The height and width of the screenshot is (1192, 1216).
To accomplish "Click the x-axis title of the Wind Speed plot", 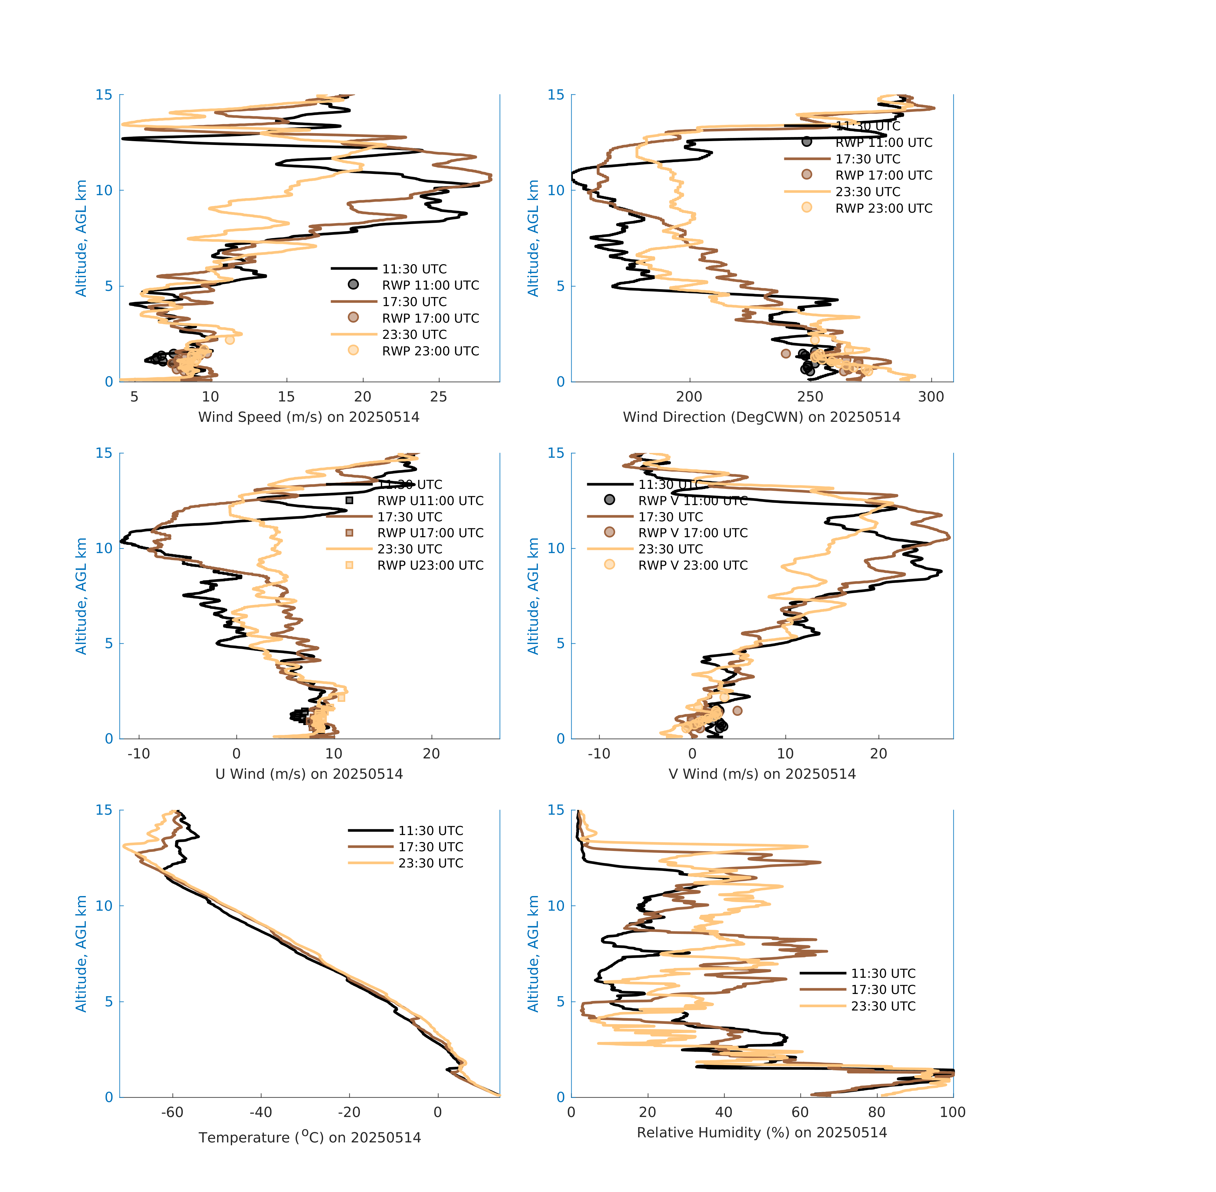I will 309,417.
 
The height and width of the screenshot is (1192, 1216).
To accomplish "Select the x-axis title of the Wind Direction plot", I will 761,417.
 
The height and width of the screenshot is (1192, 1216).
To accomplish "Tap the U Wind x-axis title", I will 309,774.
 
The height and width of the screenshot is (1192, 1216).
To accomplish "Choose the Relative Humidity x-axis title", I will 761,1132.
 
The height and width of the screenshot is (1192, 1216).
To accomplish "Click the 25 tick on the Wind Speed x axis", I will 438,397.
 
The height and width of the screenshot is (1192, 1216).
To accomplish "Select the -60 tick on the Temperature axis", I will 172,1112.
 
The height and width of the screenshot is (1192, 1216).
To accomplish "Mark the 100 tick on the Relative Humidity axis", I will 952,1112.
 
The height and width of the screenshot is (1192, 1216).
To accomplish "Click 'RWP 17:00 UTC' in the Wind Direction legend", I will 883,175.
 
